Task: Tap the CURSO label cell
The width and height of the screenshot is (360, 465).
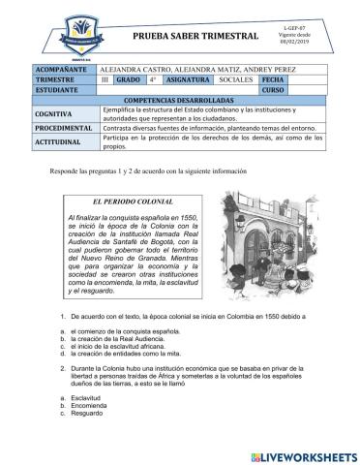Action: click(276, 90)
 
